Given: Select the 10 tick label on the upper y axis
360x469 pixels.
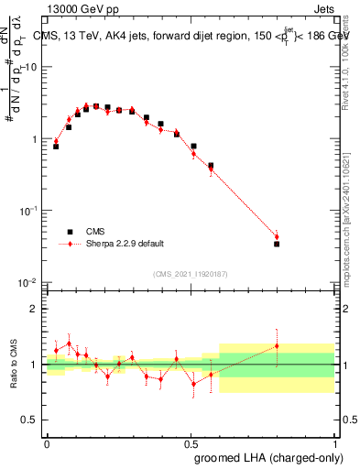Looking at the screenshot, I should point(31,68).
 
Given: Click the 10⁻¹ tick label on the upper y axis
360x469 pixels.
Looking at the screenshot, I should point(28,211).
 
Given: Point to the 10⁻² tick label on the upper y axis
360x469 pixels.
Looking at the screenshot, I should point(28,282).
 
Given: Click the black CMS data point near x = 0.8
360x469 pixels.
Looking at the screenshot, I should point(277,244).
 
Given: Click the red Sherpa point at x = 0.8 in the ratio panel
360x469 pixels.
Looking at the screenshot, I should point(277,345).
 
